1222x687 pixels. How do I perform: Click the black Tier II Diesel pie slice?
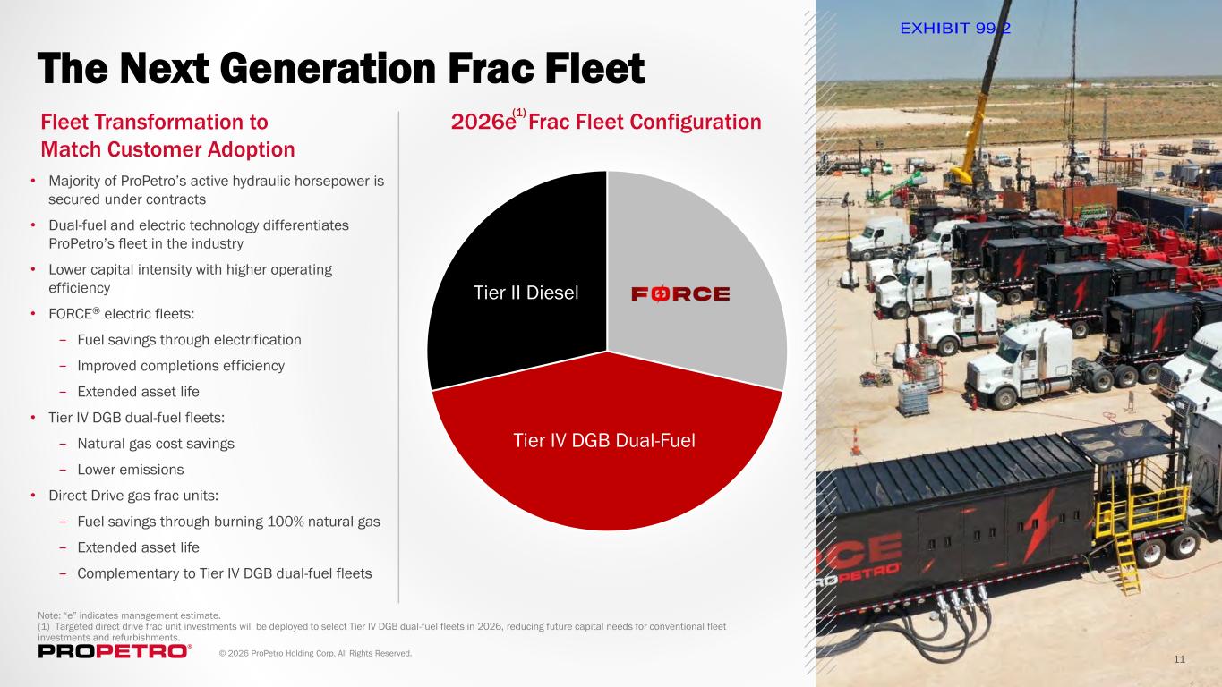point(518,284)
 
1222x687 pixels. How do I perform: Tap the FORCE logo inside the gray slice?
point(680,294)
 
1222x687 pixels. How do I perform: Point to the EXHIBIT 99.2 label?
point(955,29)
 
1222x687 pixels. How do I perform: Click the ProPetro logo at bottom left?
point(115,651)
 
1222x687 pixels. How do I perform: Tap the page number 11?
point(1179,659)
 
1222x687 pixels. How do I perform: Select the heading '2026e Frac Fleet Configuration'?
point(606,122)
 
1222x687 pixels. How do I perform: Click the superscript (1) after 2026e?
point(519,113)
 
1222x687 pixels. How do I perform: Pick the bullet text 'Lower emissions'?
point(131,470)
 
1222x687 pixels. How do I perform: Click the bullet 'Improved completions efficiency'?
point(181,366)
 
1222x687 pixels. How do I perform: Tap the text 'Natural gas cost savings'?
point(156,444)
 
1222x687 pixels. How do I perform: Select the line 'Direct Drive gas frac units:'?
point(133,496)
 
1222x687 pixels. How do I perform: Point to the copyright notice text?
point(315,653)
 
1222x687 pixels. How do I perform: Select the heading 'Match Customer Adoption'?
point(168,149)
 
